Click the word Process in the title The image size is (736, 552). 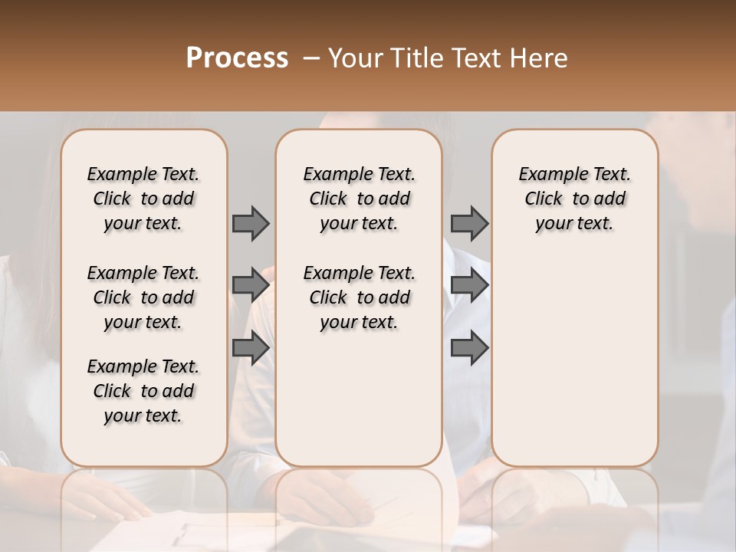tap(237, 58)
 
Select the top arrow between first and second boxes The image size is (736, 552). tap(251, 223)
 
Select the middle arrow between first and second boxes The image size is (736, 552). tap(251, 286)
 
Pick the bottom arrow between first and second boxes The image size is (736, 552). tap(251, 348)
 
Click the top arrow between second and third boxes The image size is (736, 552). tap(469, 223)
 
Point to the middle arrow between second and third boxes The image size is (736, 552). tap(469, 286)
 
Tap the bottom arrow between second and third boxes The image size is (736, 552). tap(469, 348)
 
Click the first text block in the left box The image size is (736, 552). tap(143, 199)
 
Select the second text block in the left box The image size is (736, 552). tap(143, 297)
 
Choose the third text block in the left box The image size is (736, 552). tap(143, 391)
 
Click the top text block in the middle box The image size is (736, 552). tap(359, 199)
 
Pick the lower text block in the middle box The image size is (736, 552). tap(359, 297)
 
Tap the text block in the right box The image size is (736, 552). tap(575, 199)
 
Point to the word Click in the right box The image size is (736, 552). tap(544, 199)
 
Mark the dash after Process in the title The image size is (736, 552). tap(310, 58)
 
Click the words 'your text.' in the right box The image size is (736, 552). tap(575, 224)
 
